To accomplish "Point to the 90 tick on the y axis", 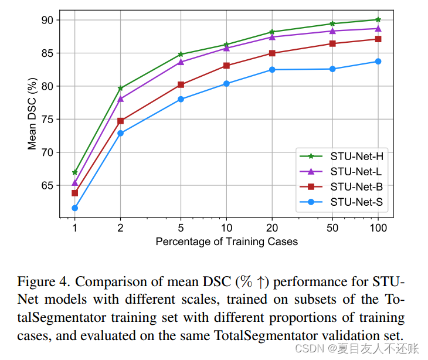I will click(x=47, y=20).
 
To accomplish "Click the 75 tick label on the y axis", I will click(x=47, y=120).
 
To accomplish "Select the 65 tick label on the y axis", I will click(x=47, y=186).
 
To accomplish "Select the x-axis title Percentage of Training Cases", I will click(x=226, y=242).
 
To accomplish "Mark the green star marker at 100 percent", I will click(x=378, y=19).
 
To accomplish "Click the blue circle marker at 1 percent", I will click(x=75, y=208).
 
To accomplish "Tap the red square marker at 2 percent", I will click(x=121, y=121).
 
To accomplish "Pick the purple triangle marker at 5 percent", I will click(x=181, y=62).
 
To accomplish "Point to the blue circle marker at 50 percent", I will click(x=332, y=69).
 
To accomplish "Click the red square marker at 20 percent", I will click(x=272, y=53).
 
